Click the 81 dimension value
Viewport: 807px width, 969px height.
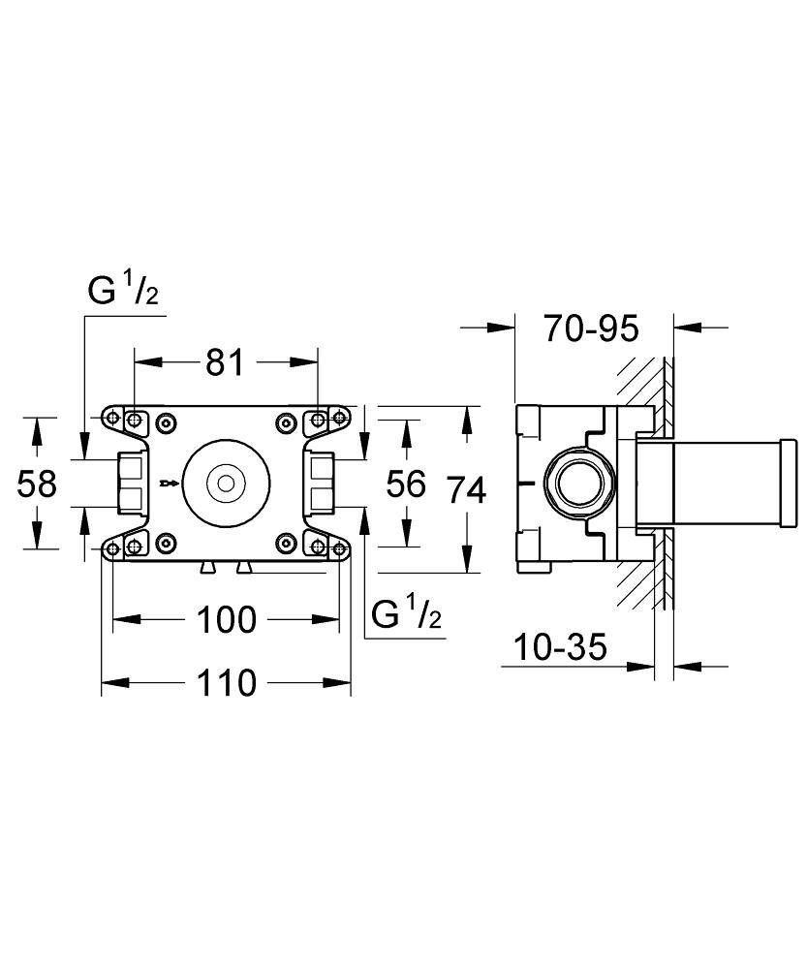pyautogui.click(x=225, y=362)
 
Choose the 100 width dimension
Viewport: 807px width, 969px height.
pyautogui.click(x=226, y=619)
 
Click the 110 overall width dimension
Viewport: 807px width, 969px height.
pyautogui.click(x=226, y=683)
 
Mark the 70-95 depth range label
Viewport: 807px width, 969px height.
pyautogui.click(x=591, y=329)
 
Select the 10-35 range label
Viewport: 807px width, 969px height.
pyautogui.click(x=561, y=646)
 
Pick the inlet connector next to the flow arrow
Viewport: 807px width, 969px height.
pyautogui.click(x=130, y=483)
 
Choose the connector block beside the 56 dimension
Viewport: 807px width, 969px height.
pyautogui.click(x=322, y=483)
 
